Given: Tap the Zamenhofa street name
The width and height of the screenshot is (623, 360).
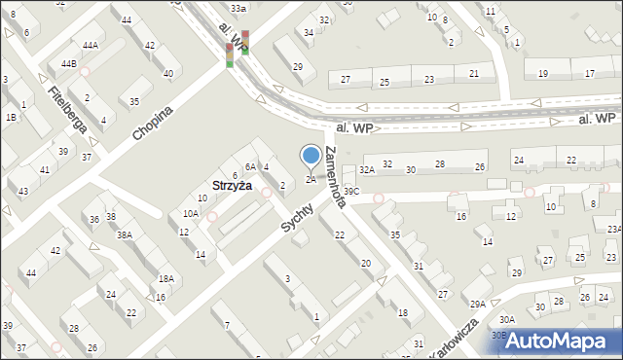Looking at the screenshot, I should tap(344, 175).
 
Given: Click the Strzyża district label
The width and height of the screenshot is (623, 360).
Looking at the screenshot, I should tap(233, 185).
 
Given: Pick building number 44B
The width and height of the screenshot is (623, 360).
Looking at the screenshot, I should tap(69, 64).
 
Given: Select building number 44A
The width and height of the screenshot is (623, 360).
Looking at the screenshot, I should tap(90, 46).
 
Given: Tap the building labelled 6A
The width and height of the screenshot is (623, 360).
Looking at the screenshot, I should tap(250, 167).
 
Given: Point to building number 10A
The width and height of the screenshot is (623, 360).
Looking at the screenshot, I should tap(191, 213).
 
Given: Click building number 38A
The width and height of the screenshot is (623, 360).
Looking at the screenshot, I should tap(125, 234).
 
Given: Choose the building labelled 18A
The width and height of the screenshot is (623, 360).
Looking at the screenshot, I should tap(166, 279).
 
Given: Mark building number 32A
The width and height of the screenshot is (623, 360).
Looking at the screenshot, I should tap(366, 169).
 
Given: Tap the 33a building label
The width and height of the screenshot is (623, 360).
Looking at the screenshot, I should tap(239, 8).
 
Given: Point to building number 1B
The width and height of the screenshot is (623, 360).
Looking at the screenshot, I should tap(11, 117).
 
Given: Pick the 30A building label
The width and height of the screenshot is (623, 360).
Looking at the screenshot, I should tap(507, 319).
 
